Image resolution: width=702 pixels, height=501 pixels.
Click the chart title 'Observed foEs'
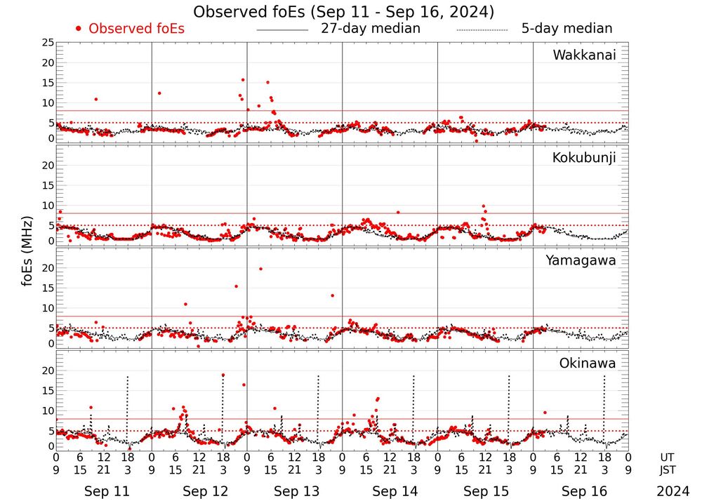coord(344,12)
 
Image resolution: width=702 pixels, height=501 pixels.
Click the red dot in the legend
coord(79,29)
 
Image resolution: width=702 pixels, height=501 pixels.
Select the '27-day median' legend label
coord(371,29)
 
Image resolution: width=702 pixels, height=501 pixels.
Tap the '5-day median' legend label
coord(567,29)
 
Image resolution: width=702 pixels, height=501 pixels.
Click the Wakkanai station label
coord(584,55)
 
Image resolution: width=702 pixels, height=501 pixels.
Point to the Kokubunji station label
coord(584,158)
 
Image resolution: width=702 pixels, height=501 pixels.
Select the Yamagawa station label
coord(581,261)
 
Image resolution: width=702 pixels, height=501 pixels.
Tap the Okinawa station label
coord(588,363)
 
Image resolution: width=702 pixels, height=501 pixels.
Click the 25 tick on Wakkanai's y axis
coord(48,43)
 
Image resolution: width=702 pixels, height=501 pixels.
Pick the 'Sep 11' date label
coord(107,491)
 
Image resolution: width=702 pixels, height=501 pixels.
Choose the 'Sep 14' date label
coord(395,491)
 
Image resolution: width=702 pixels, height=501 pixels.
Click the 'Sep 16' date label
coord(584,491)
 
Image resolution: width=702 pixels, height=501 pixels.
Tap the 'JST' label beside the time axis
coord(669,469)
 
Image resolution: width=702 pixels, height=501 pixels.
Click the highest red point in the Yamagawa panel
coord(260,269)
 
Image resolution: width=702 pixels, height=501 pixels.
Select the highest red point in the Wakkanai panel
coord(243,80)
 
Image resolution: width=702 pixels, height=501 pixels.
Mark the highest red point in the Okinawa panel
coord(223,375)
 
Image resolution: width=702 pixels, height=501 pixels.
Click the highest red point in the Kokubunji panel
coord(483,206)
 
